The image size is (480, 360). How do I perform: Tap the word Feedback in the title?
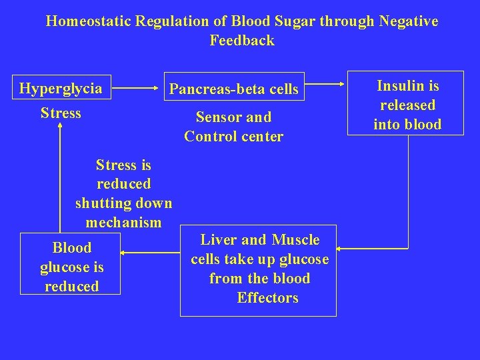tap(241, 41)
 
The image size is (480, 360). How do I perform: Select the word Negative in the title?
tap(408, 21)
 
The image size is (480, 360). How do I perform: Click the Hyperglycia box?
tap(61, 88)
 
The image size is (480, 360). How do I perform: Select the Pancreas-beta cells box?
tap(234, 87)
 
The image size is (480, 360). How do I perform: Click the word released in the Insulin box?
tap(407, 105)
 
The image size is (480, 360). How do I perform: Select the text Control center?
tap(234, 137)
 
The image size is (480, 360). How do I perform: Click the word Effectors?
tap(267, 298)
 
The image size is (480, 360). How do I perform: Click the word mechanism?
tap(123, 222)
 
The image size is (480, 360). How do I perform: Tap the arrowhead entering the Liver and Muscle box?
tap(341, 248)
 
